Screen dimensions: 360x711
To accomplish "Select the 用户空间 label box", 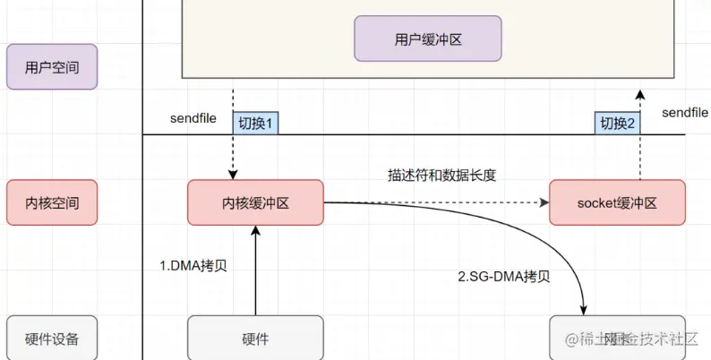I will [51, 67].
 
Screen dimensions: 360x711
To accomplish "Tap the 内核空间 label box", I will [51, 202].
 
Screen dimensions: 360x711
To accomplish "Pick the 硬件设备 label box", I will [51, 339].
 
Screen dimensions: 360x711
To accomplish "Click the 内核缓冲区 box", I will [255, 202].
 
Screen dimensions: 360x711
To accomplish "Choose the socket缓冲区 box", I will [617, 202].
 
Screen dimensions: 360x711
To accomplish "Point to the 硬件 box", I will [255, 339].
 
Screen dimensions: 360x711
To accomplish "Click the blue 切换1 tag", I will [255, 124].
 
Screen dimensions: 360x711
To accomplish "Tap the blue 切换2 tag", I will [617, 124].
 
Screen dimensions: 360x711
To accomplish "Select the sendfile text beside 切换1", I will [193, 118].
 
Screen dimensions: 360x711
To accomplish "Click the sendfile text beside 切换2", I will [685, 112].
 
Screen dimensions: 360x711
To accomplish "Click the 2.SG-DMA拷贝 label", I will [504, 277].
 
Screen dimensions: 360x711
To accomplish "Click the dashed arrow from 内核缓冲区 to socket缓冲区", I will [439, 202].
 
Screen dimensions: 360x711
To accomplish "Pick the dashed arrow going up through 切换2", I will [639, 152].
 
